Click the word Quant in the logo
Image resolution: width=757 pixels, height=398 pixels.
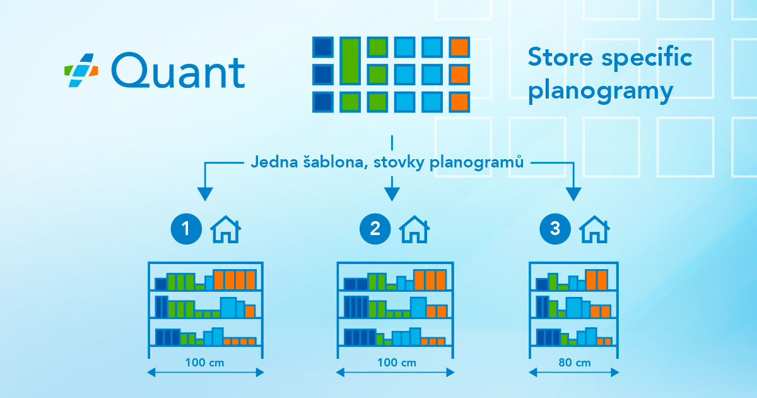pyautogui.click(x=177, y=71)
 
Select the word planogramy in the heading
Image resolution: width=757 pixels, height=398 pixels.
pyautogui.click(x=601, y=92)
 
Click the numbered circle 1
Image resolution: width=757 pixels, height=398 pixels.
pyautogui.click(x=186, y=229)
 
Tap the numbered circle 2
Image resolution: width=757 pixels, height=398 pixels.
pyautogui.click(x=375, y=229)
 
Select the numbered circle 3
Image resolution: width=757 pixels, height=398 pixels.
pyautogui.click(x=555, y=229)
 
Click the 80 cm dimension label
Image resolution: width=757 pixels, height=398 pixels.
pyautogui.click(x=574, y=363)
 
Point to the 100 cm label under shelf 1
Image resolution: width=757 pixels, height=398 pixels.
pyautogui.click(x=205, y=363)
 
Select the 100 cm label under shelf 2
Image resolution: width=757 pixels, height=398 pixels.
pyautogui.click(x=395, y=363)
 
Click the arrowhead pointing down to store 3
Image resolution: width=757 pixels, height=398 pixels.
pyautogui.click(x=573, y=194)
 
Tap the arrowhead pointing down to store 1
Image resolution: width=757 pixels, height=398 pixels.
pyautogui.click(x=204, y=194)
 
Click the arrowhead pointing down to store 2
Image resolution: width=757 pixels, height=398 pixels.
pyautogui.click(x=392, y=194)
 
